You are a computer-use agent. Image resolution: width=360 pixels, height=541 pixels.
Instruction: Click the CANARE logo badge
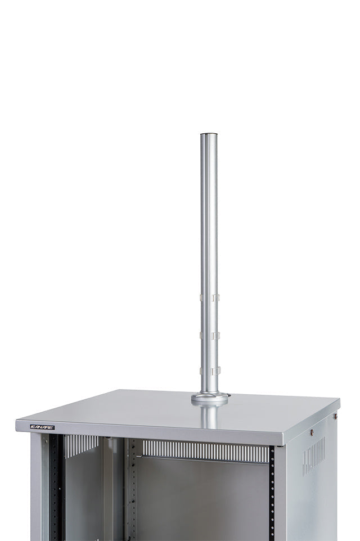pos(42,427)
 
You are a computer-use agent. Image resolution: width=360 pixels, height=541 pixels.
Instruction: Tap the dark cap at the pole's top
pos(209,134)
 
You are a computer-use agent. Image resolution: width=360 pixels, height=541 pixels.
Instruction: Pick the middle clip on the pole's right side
pos(215,336)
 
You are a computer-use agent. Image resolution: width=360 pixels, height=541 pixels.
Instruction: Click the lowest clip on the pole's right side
pos(215,371)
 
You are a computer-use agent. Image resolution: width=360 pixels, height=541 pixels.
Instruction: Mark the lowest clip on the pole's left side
pos(201,370)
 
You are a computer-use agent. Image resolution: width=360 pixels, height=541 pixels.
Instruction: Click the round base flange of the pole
pos(209,399)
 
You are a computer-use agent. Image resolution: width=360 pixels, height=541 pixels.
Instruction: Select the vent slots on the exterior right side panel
pos(313,456)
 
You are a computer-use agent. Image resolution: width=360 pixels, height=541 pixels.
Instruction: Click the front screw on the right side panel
pos(312,432)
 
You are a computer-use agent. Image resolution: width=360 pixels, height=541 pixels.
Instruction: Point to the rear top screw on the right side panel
pos(335,417)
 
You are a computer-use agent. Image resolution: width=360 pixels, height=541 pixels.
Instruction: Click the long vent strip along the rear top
pos(205,450)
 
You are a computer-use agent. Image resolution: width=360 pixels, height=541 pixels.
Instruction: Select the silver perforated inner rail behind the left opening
pos(132,489)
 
